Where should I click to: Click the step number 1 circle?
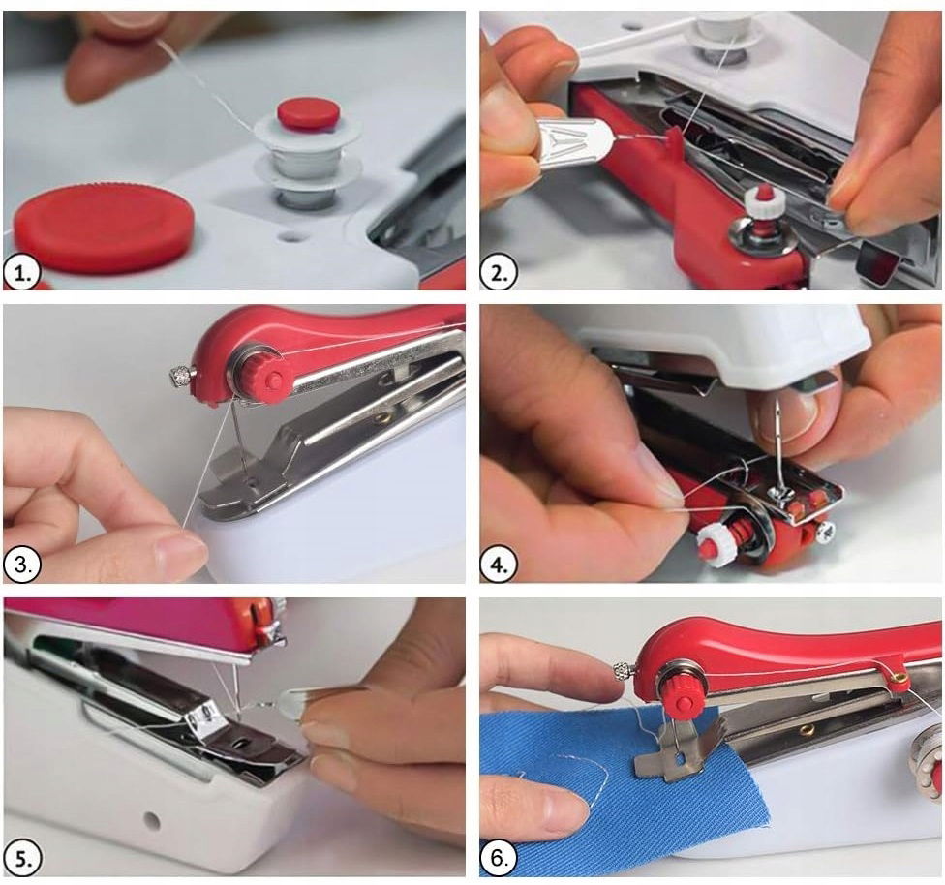click(x=21, y=274)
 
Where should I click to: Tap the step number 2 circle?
click(x=499, y=274)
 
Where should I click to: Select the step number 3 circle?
click(x=21, y=565)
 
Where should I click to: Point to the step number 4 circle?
click(x=499, y=565)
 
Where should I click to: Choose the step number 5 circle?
click(x=21, y=859)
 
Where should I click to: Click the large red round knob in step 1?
click(x=105, y=228)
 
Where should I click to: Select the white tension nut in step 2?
click(x=764, y=202)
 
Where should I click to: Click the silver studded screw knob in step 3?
click(x=181, y=378)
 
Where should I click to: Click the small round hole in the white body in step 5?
click(x=152, y=819)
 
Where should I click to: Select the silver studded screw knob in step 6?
click(x=622, y=670)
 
